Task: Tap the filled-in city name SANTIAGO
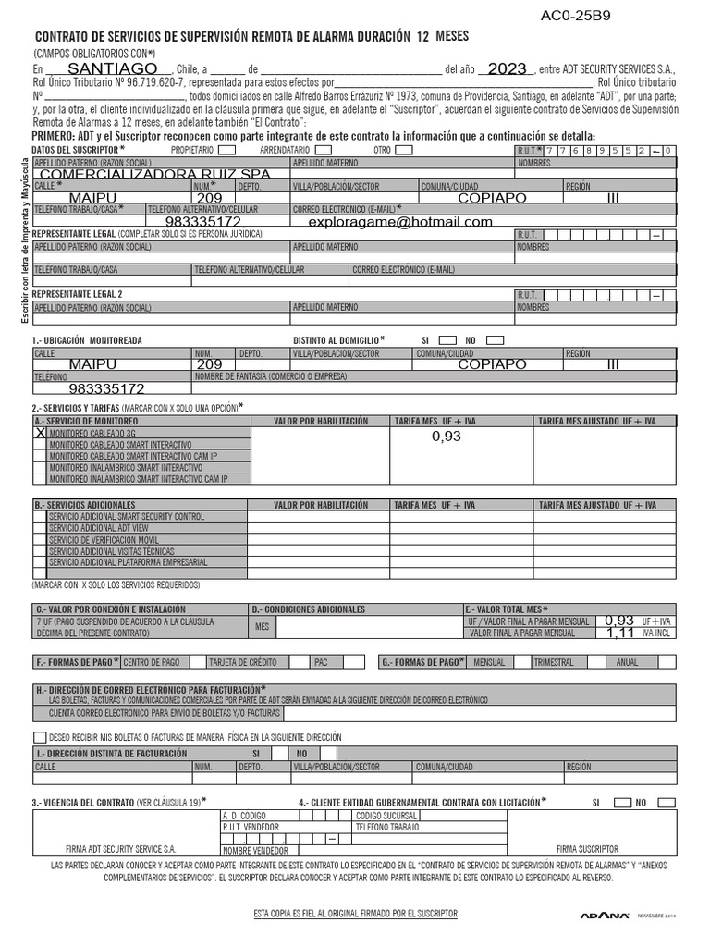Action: (113, 69)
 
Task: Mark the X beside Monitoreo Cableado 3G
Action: (40, 432)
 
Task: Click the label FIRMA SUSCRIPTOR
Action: (587, 848)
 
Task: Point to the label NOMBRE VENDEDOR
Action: (255, 851)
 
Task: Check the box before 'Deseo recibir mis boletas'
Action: (39, 737)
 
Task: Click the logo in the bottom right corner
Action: (606, 916)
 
